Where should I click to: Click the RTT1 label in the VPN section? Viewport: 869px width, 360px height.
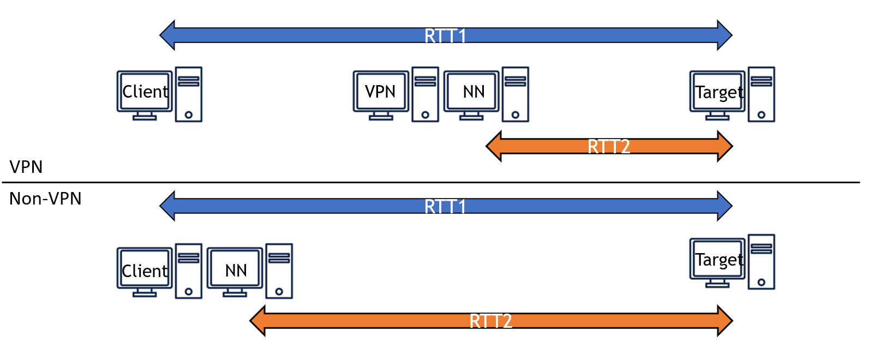[445, 36]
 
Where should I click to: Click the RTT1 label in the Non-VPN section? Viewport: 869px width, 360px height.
[445, 207]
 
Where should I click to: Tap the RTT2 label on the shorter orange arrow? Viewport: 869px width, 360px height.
[609, 147]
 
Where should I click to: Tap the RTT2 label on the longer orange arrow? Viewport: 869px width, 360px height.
[491, 321]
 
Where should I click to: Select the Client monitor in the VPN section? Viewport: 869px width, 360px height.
[145, 91]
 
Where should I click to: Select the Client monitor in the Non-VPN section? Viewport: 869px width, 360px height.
[145, 270]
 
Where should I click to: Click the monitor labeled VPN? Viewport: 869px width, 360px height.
[380, 91]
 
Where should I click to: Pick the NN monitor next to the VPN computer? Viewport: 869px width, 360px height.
[471, 91]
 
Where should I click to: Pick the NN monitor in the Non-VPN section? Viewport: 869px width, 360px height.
[235, 270]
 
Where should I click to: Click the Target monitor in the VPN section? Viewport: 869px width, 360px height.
[717, 92]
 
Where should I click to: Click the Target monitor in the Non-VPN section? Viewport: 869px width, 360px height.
[717, 260]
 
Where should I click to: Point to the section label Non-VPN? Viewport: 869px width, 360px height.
[45, 199]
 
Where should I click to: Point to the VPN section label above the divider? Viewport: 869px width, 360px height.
[26, 167]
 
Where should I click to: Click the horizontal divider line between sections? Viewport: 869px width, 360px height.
[431, 183]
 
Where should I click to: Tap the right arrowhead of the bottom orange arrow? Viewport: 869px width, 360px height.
[725, 321]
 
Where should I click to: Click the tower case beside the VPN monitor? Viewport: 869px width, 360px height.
[425, 94]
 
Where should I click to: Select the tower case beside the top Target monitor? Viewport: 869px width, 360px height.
[761, 94]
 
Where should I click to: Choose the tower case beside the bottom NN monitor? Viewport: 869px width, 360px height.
[279, 271]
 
